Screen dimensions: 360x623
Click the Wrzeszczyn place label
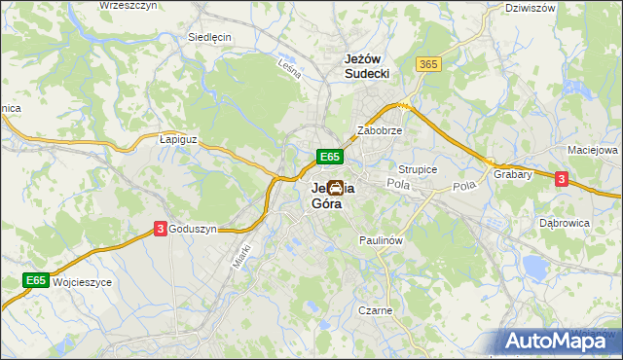click(x=128, y=6)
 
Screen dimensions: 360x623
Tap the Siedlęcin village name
click(x=208, y=38)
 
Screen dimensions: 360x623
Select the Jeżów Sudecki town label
click(x=367, y=65)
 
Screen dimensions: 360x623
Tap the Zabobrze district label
click(x=380, y=129)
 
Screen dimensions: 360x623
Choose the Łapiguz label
click(x=178, y=139)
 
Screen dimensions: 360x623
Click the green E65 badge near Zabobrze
click(x=329, y=156)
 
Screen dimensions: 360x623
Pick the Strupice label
click(x=418, y=169)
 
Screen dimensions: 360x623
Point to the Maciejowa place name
click(x=593, y=151)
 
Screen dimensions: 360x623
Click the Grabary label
click(x=512, y=175)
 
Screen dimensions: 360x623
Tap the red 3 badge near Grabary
click(x=562, y=178)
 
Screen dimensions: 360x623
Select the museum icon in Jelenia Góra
click(x=335, y=187)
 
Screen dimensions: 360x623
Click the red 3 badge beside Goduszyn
click(x=160, y=229)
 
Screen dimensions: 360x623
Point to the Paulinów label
click(x=381, y=239)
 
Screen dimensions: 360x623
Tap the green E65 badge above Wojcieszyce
click(x=36, y=281)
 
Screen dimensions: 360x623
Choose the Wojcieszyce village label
click(x=83, y=281)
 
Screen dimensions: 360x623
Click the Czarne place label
click(x=375, y=310)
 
